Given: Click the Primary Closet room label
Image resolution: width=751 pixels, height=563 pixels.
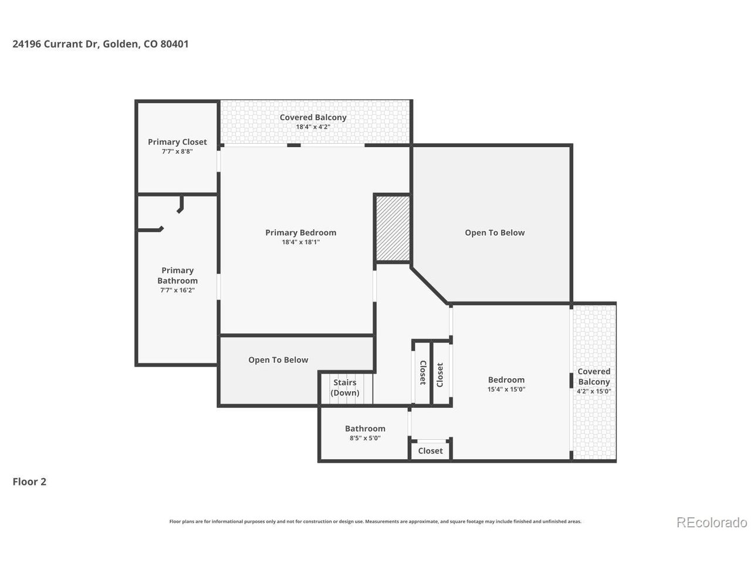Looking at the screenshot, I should click(x=177, y=142).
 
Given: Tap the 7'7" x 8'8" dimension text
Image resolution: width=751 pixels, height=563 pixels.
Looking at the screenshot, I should click(x=177, y=151).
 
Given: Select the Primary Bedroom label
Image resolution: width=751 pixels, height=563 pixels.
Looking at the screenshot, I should click(x=300, y=232).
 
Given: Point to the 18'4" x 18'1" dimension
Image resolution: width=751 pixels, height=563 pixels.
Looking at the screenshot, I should click(x=300, y=242).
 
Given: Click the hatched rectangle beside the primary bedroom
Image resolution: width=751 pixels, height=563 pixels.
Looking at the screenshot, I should click(x=393, y=228).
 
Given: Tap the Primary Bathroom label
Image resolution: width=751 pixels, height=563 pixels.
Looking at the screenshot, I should click(x=177, y=276).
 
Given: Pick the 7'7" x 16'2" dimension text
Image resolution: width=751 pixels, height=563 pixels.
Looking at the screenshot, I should click(x=177, y=290).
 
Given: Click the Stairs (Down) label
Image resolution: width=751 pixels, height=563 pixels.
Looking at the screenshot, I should click(x=345, y=388).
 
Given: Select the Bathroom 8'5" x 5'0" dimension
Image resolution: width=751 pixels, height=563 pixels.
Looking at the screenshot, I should click(x=365, y=437).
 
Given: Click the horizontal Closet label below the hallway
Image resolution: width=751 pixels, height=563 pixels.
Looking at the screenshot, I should click(x=430, y=450).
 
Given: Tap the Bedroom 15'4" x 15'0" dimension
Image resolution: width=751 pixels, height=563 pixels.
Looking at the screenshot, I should click(x=506, y=389).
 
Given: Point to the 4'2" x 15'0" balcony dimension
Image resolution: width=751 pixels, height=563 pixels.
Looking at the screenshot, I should click(x=594, y=391).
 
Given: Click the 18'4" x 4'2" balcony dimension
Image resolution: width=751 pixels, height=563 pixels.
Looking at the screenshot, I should click(x=313, y=127).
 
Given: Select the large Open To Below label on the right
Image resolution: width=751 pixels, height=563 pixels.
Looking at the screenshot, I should click(x=495, y=233).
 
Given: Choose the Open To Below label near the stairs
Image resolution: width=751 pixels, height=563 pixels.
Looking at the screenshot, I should click(x=278, y=360).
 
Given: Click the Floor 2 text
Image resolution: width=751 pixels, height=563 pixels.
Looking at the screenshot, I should click(x=29, y=482).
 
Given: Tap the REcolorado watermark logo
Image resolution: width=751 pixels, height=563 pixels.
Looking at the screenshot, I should click(x=711, y=522).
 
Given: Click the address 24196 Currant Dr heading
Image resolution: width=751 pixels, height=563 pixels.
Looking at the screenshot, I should click(x=100, y=44).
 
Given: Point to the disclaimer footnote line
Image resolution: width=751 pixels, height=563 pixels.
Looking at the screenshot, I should click(x=375, y=521).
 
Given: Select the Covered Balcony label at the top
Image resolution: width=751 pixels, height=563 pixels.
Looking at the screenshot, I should click(x=313, y=117).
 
